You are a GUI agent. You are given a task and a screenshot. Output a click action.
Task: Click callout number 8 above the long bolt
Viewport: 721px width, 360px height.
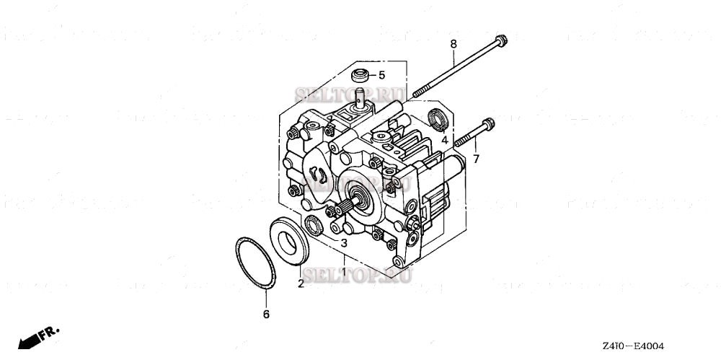[454, 45]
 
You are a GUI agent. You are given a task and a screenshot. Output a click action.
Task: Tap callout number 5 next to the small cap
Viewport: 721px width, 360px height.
[381, 75]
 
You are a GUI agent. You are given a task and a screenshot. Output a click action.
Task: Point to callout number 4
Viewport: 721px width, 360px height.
[445, 139]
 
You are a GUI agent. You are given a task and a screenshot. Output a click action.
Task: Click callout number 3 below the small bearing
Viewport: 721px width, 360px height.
[345, 243]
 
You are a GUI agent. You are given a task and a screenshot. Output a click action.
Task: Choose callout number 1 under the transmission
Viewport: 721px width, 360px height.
[344, 273]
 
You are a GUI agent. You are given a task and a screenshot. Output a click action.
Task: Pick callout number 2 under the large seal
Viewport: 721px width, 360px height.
[301, 284]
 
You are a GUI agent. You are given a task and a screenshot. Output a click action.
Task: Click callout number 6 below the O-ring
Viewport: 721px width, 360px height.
[265, 315]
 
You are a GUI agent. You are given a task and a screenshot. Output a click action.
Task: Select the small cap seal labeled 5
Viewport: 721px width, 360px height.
[359, 74]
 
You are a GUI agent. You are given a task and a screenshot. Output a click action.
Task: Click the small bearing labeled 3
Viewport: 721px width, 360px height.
[314, 224]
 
